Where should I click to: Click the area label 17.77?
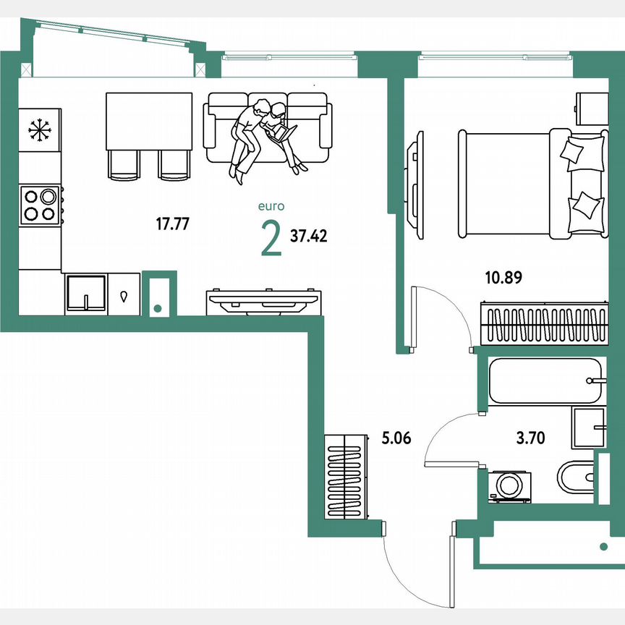tap(173, 224)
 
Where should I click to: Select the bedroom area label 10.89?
tap(503, 276)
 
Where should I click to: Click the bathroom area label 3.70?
tap(530, 437)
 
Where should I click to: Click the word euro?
tap(271, 206)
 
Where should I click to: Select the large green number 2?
tap(271, 239)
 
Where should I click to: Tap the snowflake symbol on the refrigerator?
tap(40, 130)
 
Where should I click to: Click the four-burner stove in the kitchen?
tap(40, 204)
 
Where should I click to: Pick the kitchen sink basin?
tap(86, 293)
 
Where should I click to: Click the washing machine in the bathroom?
tap(510, 486)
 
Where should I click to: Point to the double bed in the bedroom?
tap(532, 183)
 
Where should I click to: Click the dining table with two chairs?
tap(149, 134)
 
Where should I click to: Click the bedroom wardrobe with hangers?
tap(541, 323)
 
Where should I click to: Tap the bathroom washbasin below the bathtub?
tap(589, 428)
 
